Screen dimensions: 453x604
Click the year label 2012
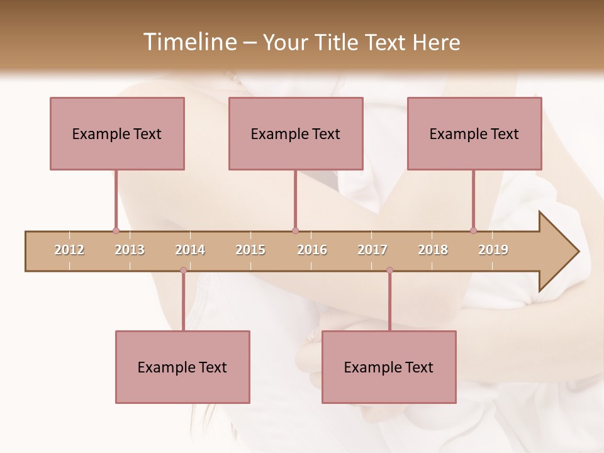pos(69,250)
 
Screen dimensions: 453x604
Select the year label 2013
pos(130,250)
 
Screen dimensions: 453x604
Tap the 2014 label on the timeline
pos(190,250)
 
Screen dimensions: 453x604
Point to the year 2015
pos(250,250)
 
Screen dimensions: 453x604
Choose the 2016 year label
pos(312,250)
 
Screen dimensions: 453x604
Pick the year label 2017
pos(372,250)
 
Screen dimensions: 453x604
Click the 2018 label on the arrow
pos(433,250)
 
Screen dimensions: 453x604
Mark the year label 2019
pos(493,250)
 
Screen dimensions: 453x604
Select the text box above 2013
pos(117,133)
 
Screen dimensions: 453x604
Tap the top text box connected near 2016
pos(296,133)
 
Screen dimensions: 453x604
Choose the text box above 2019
pos(474,133)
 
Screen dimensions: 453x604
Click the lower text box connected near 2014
pos(182,367)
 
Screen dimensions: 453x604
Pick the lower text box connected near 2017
pos(389,367)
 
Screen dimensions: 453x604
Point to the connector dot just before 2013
pos(116,231)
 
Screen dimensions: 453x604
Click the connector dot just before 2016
pos(295,231)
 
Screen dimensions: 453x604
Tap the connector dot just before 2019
pos(473,231)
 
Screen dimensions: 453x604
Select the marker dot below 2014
pos(183,271)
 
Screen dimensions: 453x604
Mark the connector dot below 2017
pos(389,271)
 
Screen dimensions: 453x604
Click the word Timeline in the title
pos(188,42)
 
